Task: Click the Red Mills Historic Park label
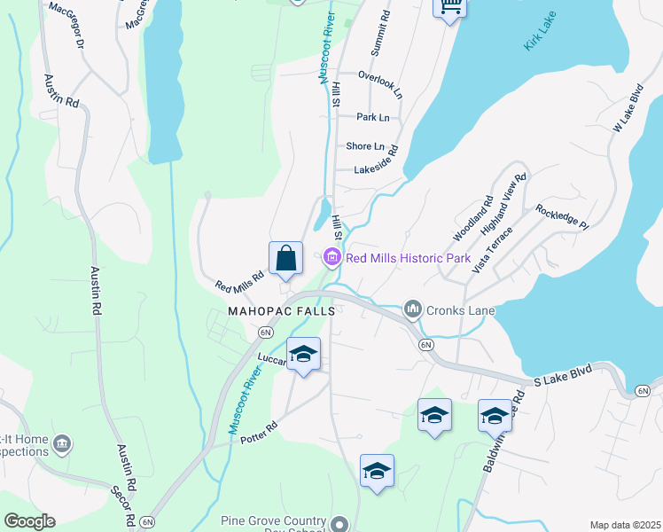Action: [x=407, y=259]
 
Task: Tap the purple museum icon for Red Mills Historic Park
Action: [x=332, y=259]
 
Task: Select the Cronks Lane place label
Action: [x=459, y=310]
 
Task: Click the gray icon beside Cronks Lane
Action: [x=412, y=309]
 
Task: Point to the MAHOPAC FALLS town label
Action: [x=282, y=311]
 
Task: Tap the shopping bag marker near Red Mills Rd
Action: [x=285, y=259]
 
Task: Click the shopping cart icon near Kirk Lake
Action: [x=448, y=7]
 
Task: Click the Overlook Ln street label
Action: [x=379, y=76]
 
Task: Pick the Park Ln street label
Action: [x=372, y=117]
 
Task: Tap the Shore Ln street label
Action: [x=365, y=146]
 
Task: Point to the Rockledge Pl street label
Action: [x=562, y=217]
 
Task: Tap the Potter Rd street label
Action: [x=259, y=426]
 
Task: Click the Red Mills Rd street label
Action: [x=239, y=281]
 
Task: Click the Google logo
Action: [x=29, y=521]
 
